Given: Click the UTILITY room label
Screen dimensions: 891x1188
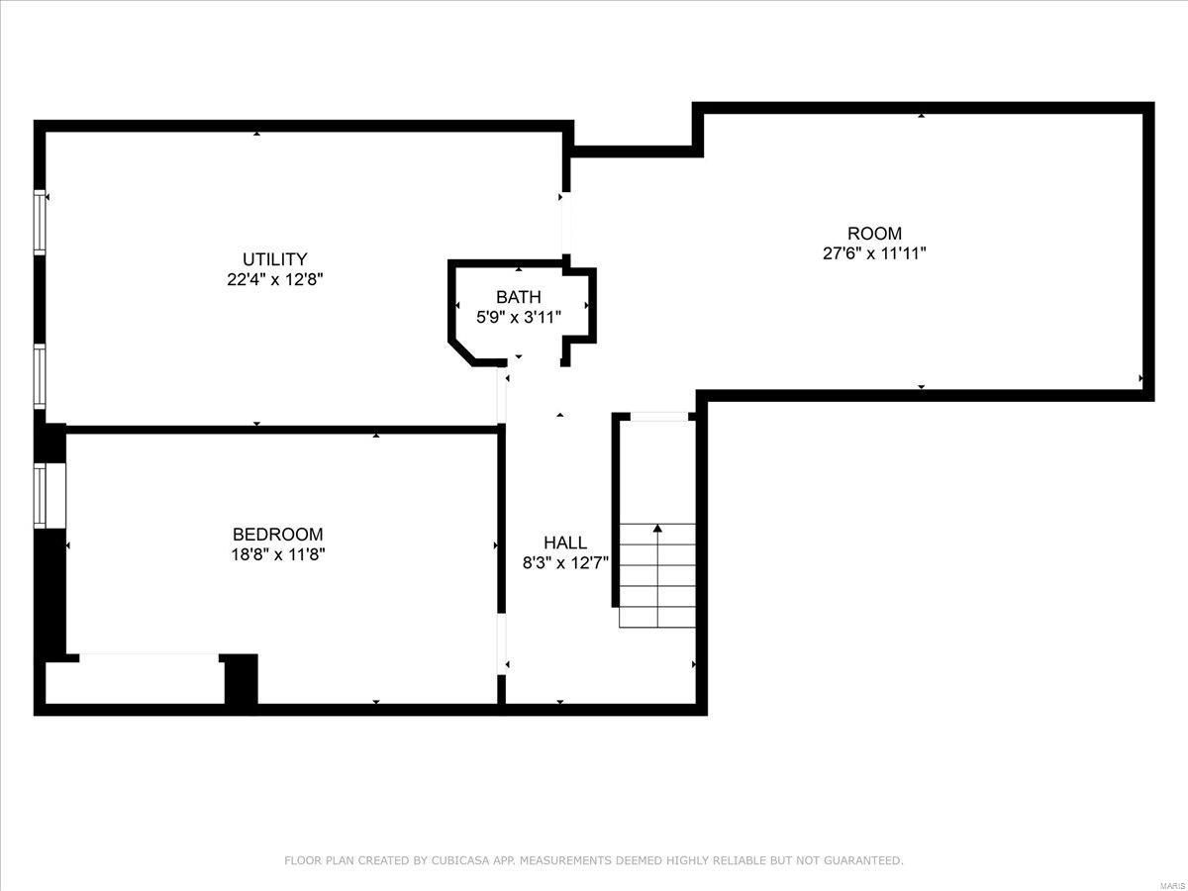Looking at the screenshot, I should tap(275, 259).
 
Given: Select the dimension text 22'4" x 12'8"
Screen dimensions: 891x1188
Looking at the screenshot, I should tap(275, 280).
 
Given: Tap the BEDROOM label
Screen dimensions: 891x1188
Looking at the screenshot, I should tap(277, 535).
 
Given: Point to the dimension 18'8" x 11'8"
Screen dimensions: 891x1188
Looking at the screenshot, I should tap(277, 554).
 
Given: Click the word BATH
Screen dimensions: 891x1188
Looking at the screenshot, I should tap(519, 297).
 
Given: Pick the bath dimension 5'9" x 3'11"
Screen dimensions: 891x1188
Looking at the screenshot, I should tap(519, 318).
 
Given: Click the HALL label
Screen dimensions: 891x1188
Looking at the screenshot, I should tap(564, 543).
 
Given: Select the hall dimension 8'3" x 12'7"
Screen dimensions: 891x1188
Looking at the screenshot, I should tap(564, 562).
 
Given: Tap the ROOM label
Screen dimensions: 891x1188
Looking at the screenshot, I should tap(874, 234).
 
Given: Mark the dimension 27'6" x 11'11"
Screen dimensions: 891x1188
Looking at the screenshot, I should tap(874, 253).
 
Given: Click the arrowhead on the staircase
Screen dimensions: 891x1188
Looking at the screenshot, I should tap(657, 529).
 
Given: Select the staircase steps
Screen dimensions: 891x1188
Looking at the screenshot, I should tap(657, 584).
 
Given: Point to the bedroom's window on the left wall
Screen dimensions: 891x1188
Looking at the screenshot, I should tap(40, 496).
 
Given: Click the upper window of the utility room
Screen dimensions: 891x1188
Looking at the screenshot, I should tap(40, 223).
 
